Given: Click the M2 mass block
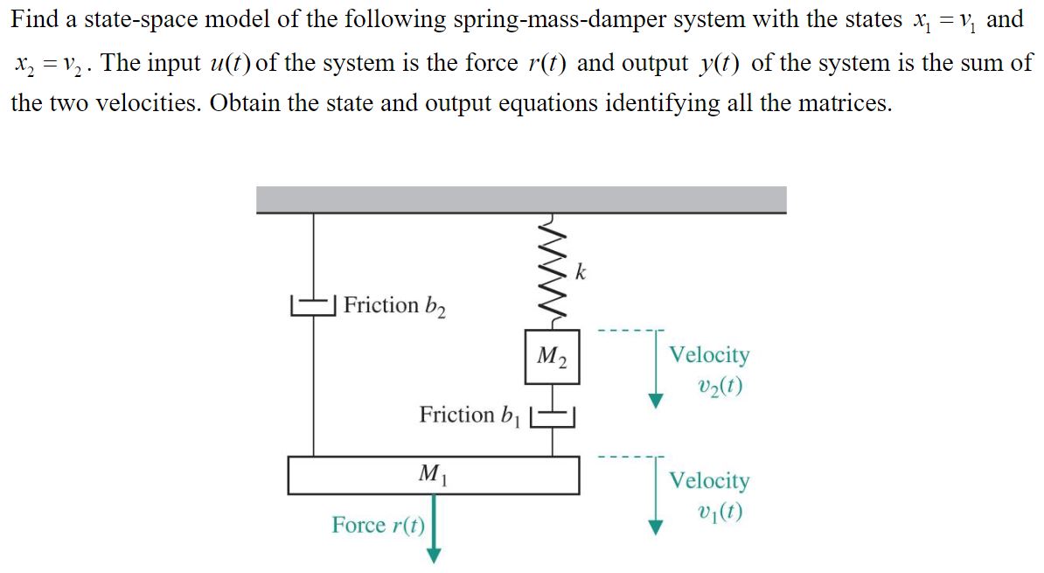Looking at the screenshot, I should pos(553,356).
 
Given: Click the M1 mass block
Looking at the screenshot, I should pos(433,474).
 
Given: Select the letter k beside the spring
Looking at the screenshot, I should pos(581,271).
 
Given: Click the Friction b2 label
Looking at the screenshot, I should pos(393,305).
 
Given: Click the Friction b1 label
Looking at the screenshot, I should pos(470,415).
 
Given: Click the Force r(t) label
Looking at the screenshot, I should pos(378,525).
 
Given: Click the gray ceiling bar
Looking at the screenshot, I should pos(521,199).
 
